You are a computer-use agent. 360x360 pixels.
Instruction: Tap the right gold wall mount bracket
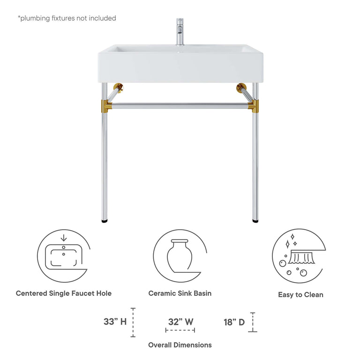242,87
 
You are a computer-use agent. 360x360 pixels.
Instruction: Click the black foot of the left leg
105,219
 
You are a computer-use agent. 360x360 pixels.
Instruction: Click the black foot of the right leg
255,219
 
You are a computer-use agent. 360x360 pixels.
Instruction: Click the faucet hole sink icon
63,256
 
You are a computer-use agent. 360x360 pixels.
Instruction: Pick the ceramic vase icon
180,256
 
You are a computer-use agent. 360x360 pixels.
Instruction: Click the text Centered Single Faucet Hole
64,293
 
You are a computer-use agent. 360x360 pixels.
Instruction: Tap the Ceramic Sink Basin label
180,293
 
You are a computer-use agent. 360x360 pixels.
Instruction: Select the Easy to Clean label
300,295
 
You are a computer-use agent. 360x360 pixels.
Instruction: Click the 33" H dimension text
115,322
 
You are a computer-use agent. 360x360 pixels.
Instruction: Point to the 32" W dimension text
180,322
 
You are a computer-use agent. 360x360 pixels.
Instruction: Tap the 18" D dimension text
234,322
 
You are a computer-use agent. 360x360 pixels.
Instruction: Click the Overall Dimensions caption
180,345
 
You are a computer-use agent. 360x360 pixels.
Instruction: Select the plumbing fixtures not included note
67,18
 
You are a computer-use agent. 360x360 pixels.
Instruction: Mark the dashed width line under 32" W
180,330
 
